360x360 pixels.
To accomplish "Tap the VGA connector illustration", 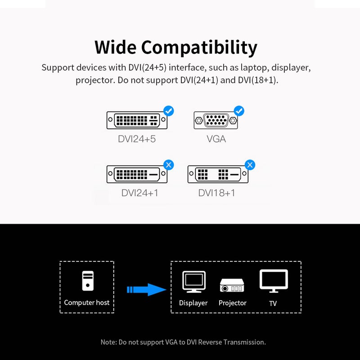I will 216,121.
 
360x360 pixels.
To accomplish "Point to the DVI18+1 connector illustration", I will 218,174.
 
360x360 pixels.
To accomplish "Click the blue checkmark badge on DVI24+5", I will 168,110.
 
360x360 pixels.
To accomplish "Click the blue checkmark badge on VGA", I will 239,110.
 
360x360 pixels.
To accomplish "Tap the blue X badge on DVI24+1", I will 168,165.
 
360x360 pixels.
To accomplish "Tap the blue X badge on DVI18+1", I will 249,165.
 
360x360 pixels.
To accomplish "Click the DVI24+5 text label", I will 137,139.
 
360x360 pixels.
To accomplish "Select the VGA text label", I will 216,139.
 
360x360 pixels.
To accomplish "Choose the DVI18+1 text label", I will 216,193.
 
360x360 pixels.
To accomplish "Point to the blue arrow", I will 147,289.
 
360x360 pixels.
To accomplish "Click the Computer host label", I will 87,302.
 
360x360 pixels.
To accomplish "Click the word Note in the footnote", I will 108,342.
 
